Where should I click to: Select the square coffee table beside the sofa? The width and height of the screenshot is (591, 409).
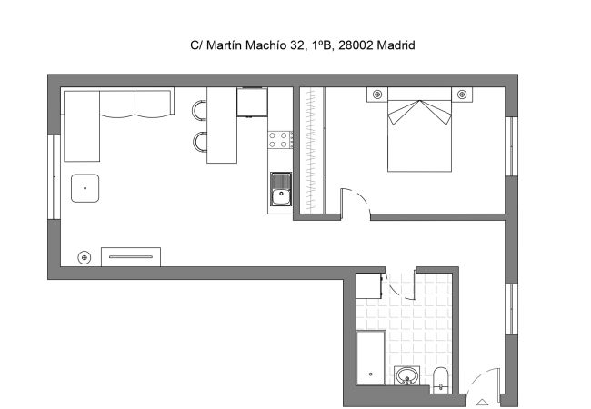85,188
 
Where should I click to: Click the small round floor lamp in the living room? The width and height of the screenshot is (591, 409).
85,257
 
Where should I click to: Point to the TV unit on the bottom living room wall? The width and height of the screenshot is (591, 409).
130,256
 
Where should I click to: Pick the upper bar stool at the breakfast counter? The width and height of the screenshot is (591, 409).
199,110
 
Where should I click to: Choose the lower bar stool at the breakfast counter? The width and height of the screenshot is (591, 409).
199,142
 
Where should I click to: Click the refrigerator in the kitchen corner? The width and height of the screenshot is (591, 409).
252,102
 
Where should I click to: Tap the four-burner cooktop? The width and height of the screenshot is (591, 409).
280,140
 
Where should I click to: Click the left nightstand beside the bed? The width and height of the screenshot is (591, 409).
376,95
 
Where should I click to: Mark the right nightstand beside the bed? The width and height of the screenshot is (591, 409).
462,95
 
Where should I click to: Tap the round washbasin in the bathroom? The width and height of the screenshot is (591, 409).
406,375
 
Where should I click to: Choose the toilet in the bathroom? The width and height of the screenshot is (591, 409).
441,379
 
